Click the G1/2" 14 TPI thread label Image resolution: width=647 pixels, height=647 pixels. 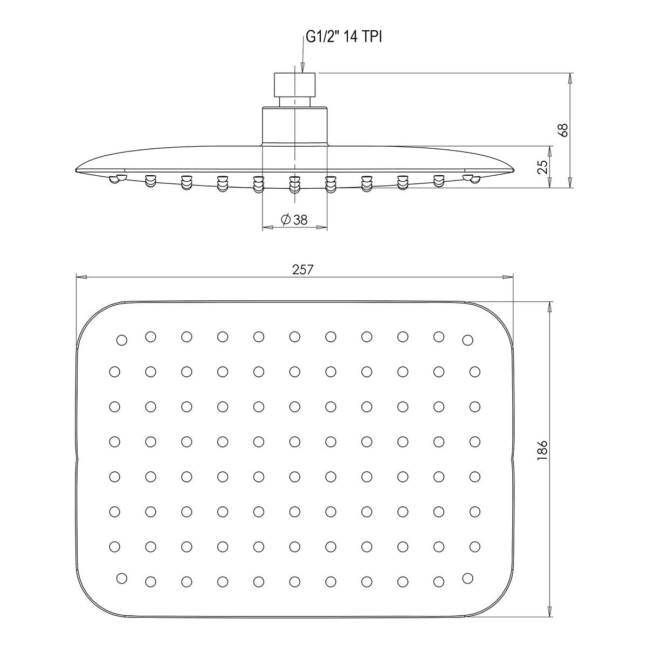(x=344, y=38)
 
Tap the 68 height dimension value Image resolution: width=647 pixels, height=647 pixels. (x=564, y=130)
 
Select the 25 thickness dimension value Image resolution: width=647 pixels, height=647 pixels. (x=542, y=167)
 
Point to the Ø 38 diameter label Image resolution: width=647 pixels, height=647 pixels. (x=294, y=220)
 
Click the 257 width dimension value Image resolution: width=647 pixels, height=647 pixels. (x=302, y=270)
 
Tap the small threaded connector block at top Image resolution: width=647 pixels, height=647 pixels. (x=294, y=85)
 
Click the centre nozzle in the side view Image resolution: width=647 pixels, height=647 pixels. (x=294, y=184)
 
